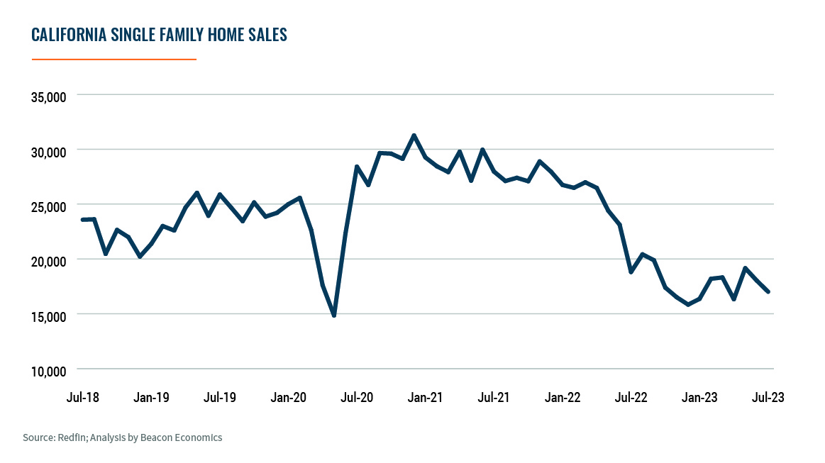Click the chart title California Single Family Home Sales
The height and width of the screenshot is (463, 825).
click(159, 35)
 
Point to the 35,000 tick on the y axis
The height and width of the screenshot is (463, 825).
click(48, 96)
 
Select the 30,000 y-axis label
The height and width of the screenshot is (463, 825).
click(48, 152)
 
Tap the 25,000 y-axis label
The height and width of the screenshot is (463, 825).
click(48, 206)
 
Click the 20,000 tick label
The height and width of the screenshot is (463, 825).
click(48, 261)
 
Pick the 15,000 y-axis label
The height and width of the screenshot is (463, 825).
click(48, 316)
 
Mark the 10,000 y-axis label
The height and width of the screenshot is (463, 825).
click(48, 371)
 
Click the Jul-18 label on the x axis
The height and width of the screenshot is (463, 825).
click(83, 397)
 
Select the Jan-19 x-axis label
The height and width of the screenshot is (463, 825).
click(151, 397)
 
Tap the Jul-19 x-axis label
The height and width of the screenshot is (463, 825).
click(220, 397)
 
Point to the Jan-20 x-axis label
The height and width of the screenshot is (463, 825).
click(289, 397)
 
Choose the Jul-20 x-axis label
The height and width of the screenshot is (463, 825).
click(357, 397)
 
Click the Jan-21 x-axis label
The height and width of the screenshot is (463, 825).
click(426, 397)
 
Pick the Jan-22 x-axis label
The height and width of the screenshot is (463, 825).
click(563, 397)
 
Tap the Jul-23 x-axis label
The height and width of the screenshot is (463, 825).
click(768, 397)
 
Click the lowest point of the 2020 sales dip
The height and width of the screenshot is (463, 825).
click(334, 315)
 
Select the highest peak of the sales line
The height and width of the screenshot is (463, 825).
click(414, 135)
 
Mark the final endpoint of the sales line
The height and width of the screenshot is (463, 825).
click(768, 291)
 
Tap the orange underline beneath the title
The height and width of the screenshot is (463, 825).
click(113, 60)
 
